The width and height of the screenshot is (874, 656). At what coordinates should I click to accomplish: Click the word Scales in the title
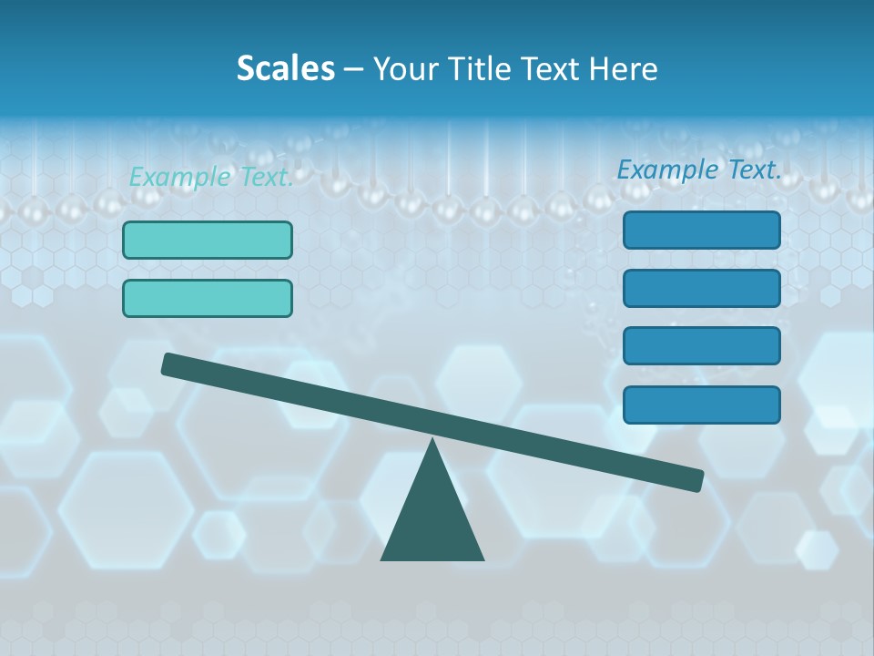pyautogui.click(x=286, y=68)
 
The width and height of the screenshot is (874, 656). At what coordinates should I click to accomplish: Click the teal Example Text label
pyautogui.click(x=211, y=177)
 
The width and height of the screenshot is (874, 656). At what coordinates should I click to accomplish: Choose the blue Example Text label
pyautogui.click(x=699, y=169)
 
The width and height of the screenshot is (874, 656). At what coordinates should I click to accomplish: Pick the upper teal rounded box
pyautogui.click(x=208, y=240)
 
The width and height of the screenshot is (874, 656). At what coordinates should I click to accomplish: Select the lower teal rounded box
pyautogui.click(x=208, y=298)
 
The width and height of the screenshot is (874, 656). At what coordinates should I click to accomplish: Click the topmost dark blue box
pyautogui.click(x=702, y=230)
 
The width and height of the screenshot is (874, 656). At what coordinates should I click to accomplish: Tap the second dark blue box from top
pyautogui.click(x=702, y=288)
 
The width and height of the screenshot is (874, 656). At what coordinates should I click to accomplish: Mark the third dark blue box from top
pyautogui.click(x=702, y=346)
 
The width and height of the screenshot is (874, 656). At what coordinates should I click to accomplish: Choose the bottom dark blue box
pyautogui.click(x=702, y=405)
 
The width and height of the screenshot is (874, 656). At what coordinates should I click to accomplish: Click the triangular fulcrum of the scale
pyautogui.click(x=432, y=519)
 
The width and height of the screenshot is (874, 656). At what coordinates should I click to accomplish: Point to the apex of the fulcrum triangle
pyautogui.click(x=432, y=443)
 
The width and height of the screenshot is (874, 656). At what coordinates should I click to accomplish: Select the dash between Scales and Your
pyautogui.click(x=353, y=69)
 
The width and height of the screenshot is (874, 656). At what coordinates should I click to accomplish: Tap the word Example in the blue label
pyautogui.click(x=667, y=169)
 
